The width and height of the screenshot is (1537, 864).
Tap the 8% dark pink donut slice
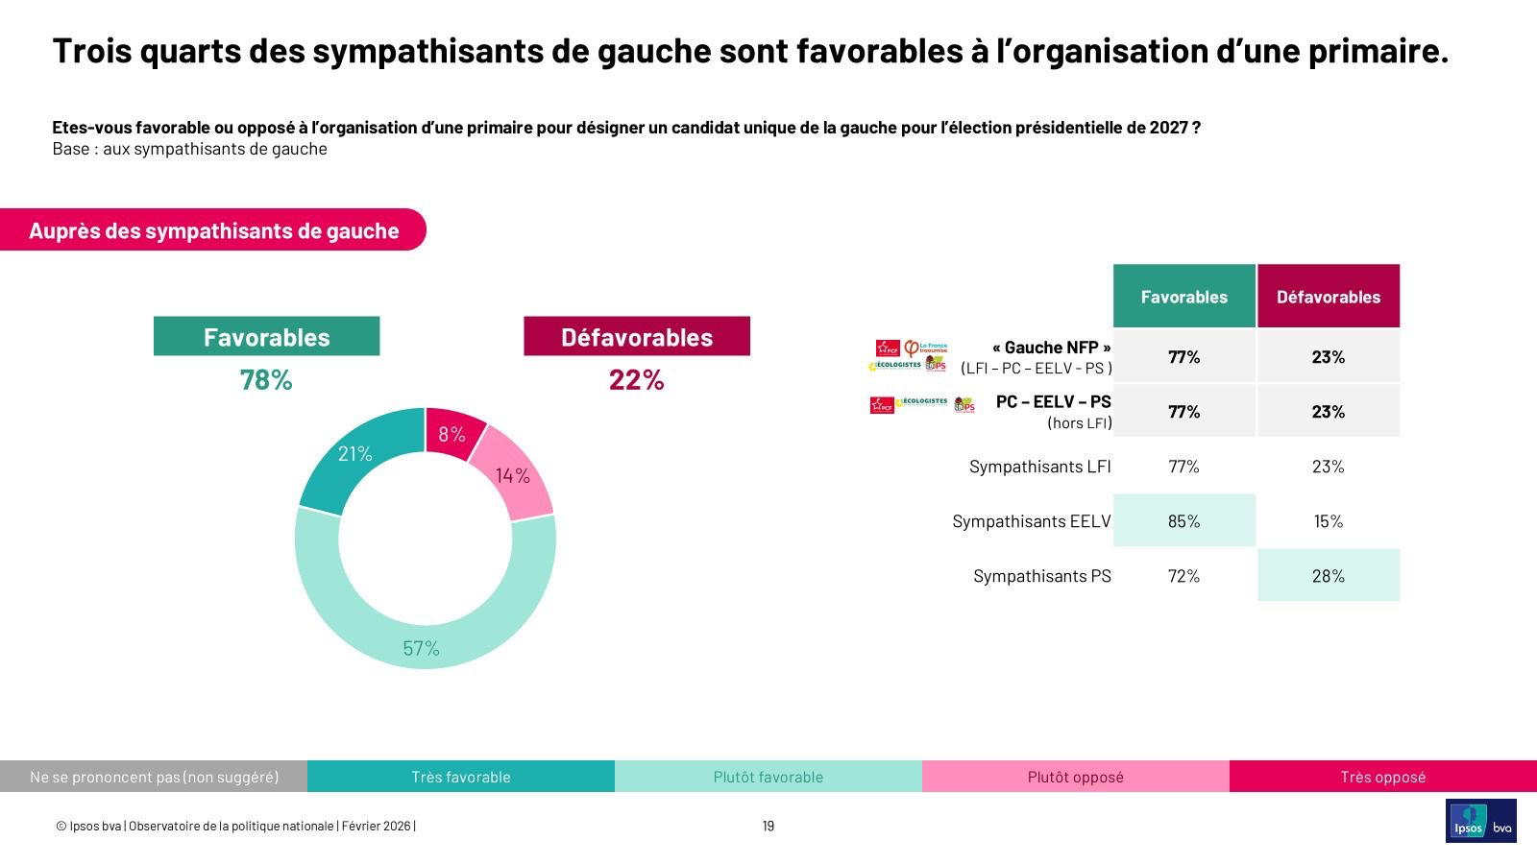pos(451,433)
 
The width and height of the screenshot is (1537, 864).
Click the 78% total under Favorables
pos(266,380)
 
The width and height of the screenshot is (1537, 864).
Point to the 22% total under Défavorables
pos(636,380)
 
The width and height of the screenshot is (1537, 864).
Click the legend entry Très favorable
pos(461,777)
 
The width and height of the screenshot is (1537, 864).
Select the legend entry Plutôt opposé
pos(1075,777)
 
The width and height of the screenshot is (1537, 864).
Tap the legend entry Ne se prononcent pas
pos(154,777)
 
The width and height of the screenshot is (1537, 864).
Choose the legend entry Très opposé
pos(1382,777)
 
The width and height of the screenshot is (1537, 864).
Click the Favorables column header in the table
pos(1183,297)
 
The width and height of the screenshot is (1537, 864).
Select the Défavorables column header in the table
pos(1328,297)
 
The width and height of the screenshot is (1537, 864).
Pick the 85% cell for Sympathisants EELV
pos(1183,521)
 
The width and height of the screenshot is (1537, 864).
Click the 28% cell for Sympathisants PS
pos(1328,576)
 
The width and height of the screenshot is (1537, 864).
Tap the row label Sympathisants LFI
pos(1039,467)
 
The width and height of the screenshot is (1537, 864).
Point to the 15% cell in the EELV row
pos(1328,521)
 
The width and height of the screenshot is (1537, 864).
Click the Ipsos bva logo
pos(1480,821)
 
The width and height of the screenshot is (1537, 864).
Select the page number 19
pos(768,826)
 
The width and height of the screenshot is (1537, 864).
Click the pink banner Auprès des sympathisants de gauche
pos(213,230)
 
